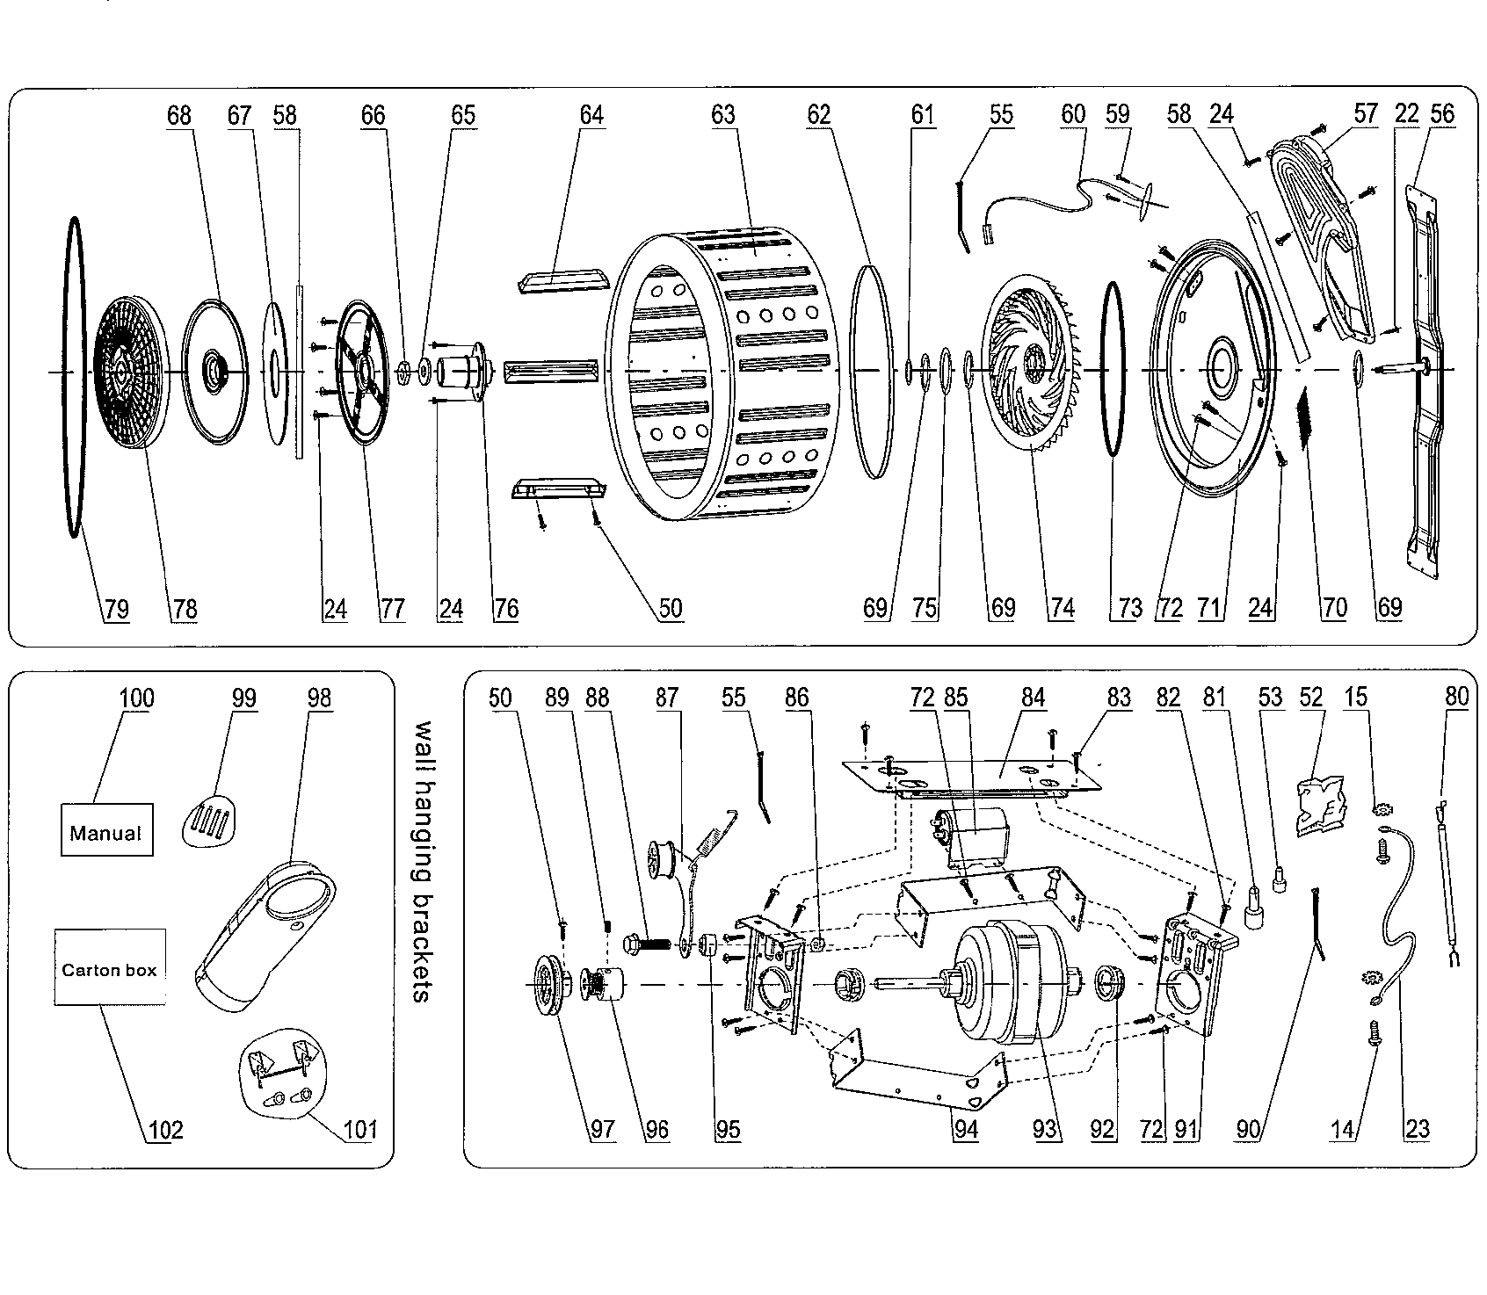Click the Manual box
106,831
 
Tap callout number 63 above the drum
722,115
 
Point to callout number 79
115,609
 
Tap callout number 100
136,698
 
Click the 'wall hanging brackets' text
424,862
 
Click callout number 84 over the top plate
1034,698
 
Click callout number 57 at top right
1366,114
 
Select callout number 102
164,1129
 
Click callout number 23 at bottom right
1417,1129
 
